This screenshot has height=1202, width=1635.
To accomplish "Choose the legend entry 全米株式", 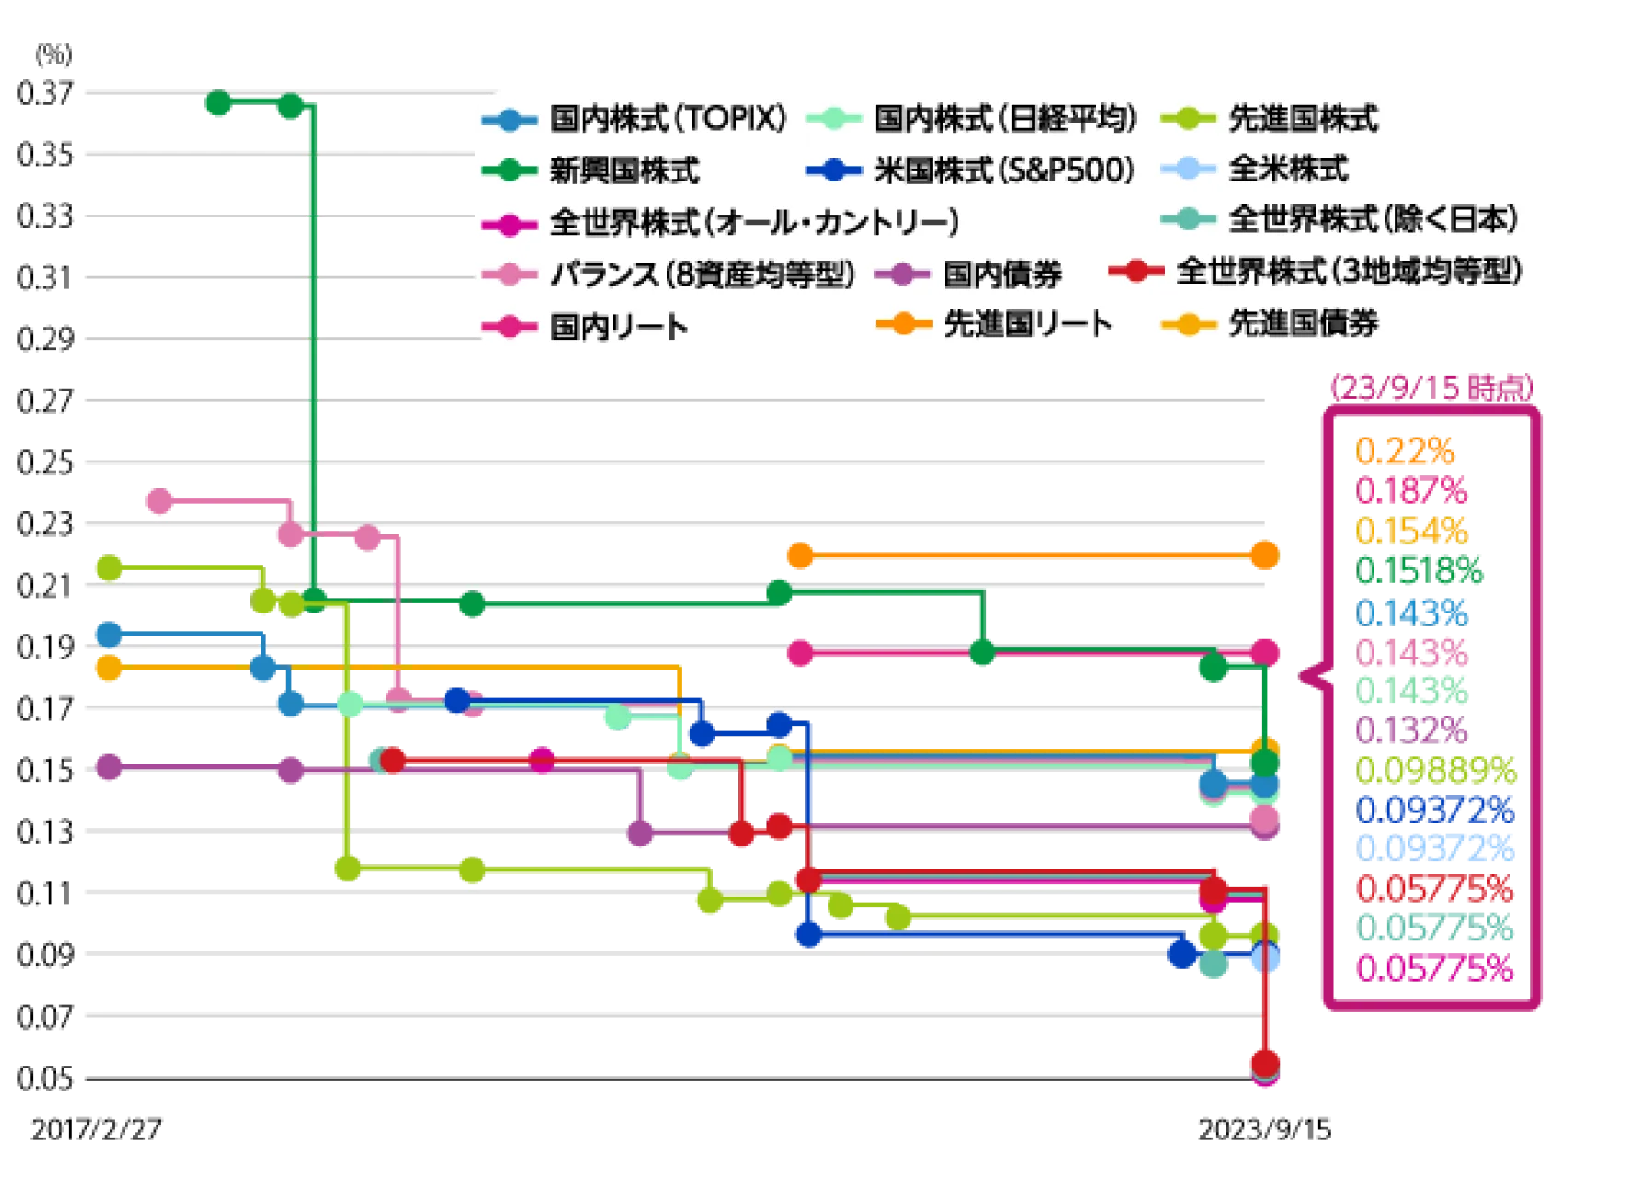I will (x=1288, y=169).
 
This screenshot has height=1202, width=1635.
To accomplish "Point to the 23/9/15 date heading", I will (x=1432, y=389).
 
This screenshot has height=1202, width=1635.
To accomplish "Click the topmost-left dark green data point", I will (x=218, y=102).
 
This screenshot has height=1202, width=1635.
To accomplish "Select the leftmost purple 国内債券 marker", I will (x=110, y=767).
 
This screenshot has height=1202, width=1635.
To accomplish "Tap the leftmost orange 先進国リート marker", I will (x=801, y=555).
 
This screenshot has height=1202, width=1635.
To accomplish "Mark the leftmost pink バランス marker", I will (x=161, y=502).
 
